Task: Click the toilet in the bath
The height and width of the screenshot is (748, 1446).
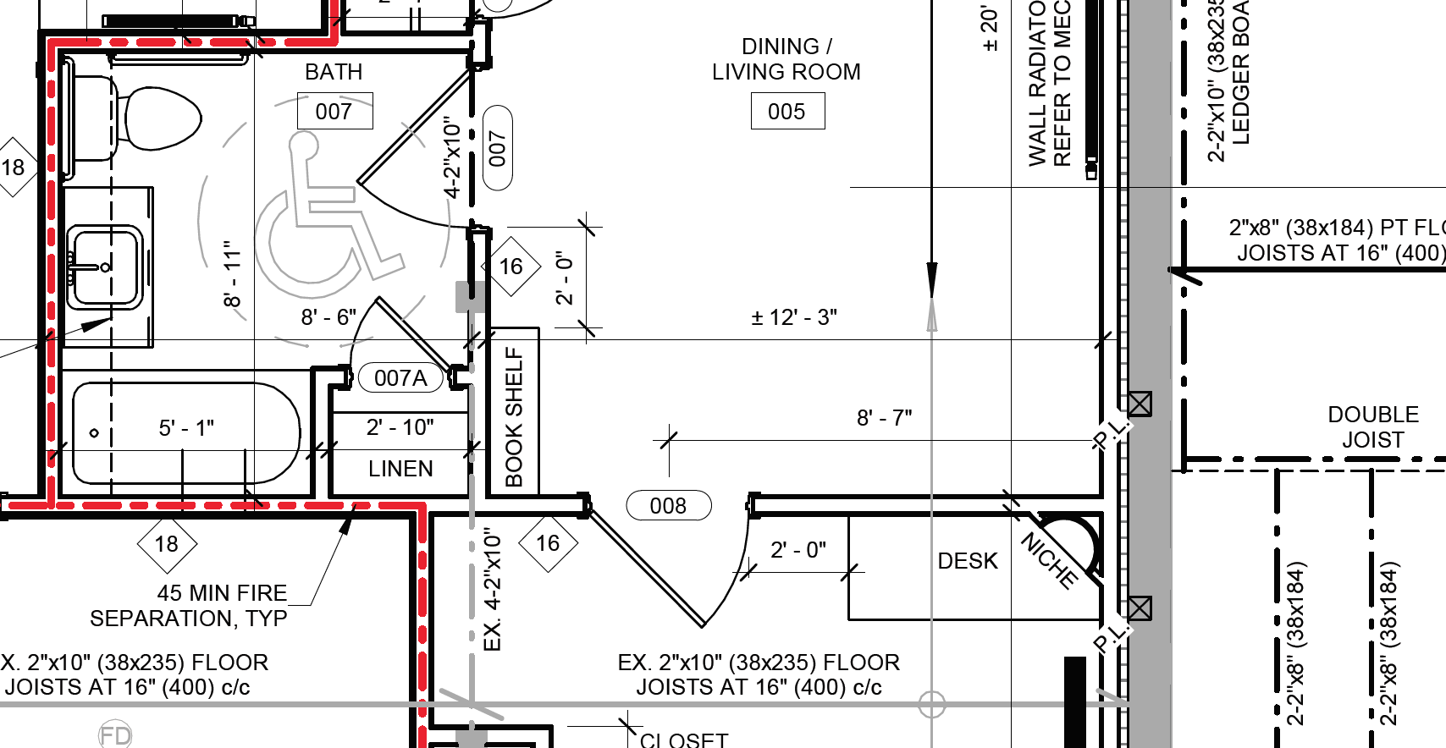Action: tap(161, 118)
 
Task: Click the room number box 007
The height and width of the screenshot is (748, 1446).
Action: tap(334, 112)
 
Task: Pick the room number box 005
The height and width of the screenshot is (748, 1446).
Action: tap(787, 112)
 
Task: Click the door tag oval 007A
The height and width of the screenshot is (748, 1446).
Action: tap(400, 377)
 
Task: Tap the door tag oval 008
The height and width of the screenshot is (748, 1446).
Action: tap(668, 506)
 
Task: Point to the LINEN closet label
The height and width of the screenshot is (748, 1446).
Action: tap(400, 469)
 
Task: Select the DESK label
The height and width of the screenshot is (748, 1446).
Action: tap(968, 561)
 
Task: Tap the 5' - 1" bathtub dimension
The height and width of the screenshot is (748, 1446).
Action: tap(186, 428)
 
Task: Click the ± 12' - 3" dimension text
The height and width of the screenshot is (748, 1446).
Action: tap(794, 317)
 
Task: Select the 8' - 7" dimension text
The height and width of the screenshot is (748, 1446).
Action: tap(884, 418)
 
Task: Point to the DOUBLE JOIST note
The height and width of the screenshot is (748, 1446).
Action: tap(1372, 427)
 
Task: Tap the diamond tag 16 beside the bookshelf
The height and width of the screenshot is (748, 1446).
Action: tap(511, 267)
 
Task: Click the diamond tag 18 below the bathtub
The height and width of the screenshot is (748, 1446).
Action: tap(167, 543)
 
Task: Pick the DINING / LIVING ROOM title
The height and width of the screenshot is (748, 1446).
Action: tap(786, 59)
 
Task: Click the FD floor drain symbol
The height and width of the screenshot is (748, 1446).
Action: tap(115, 734)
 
